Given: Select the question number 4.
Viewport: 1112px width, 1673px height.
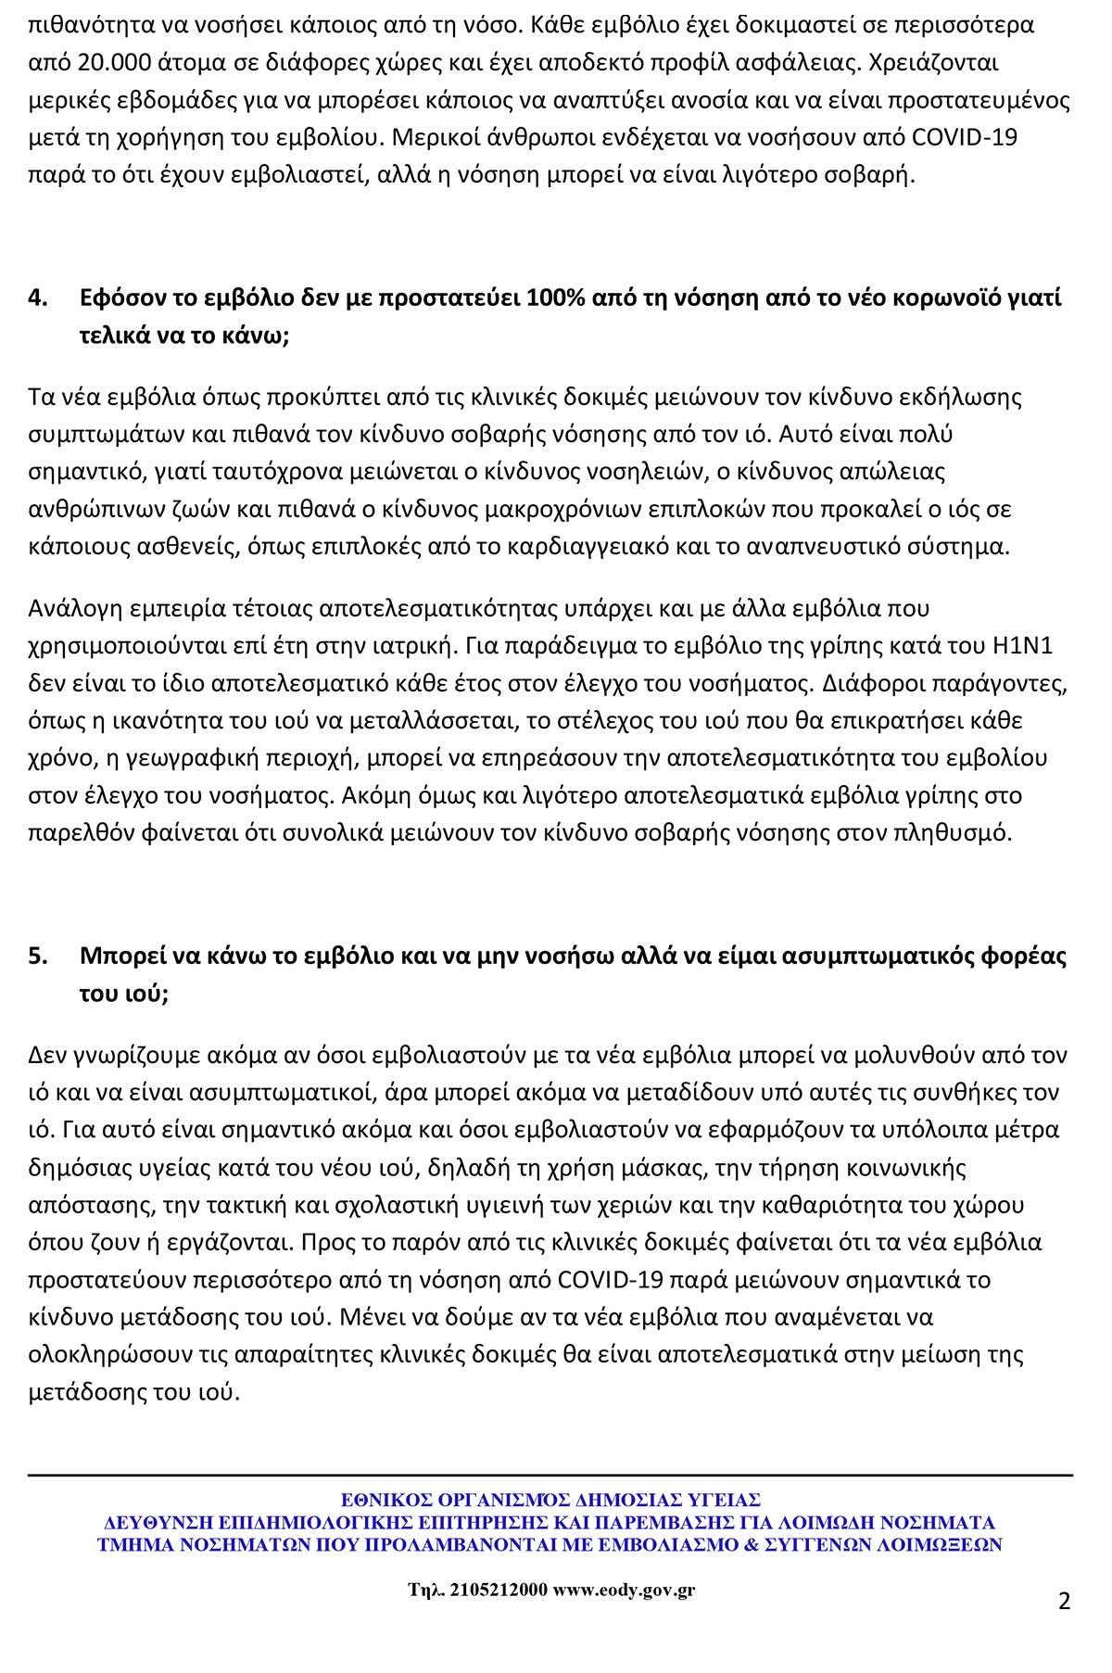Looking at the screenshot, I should [x=38, y=298].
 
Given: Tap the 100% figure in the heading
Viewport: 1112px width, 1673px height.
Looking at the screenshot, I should [x=553, y=298].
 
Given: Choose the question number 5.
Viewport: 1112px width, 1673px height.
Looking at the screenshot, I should [x=38, y=956].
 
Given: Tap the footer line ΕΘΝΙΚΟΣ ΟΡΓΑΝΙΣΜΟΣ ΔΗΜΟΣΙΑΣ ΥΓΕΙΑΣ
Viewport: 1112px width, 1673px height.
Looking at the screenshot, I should [x=550, y=1499].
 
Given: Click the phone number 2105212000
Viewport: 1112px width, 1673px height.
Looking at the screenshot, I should [x=496, y=1591].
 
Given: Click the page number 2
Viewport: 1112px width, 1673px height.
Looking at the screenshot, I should [x=1064, y=1602].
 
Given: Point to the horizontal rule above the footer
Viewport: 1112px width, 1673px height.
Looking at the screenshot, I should [x=550, y=1475].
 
